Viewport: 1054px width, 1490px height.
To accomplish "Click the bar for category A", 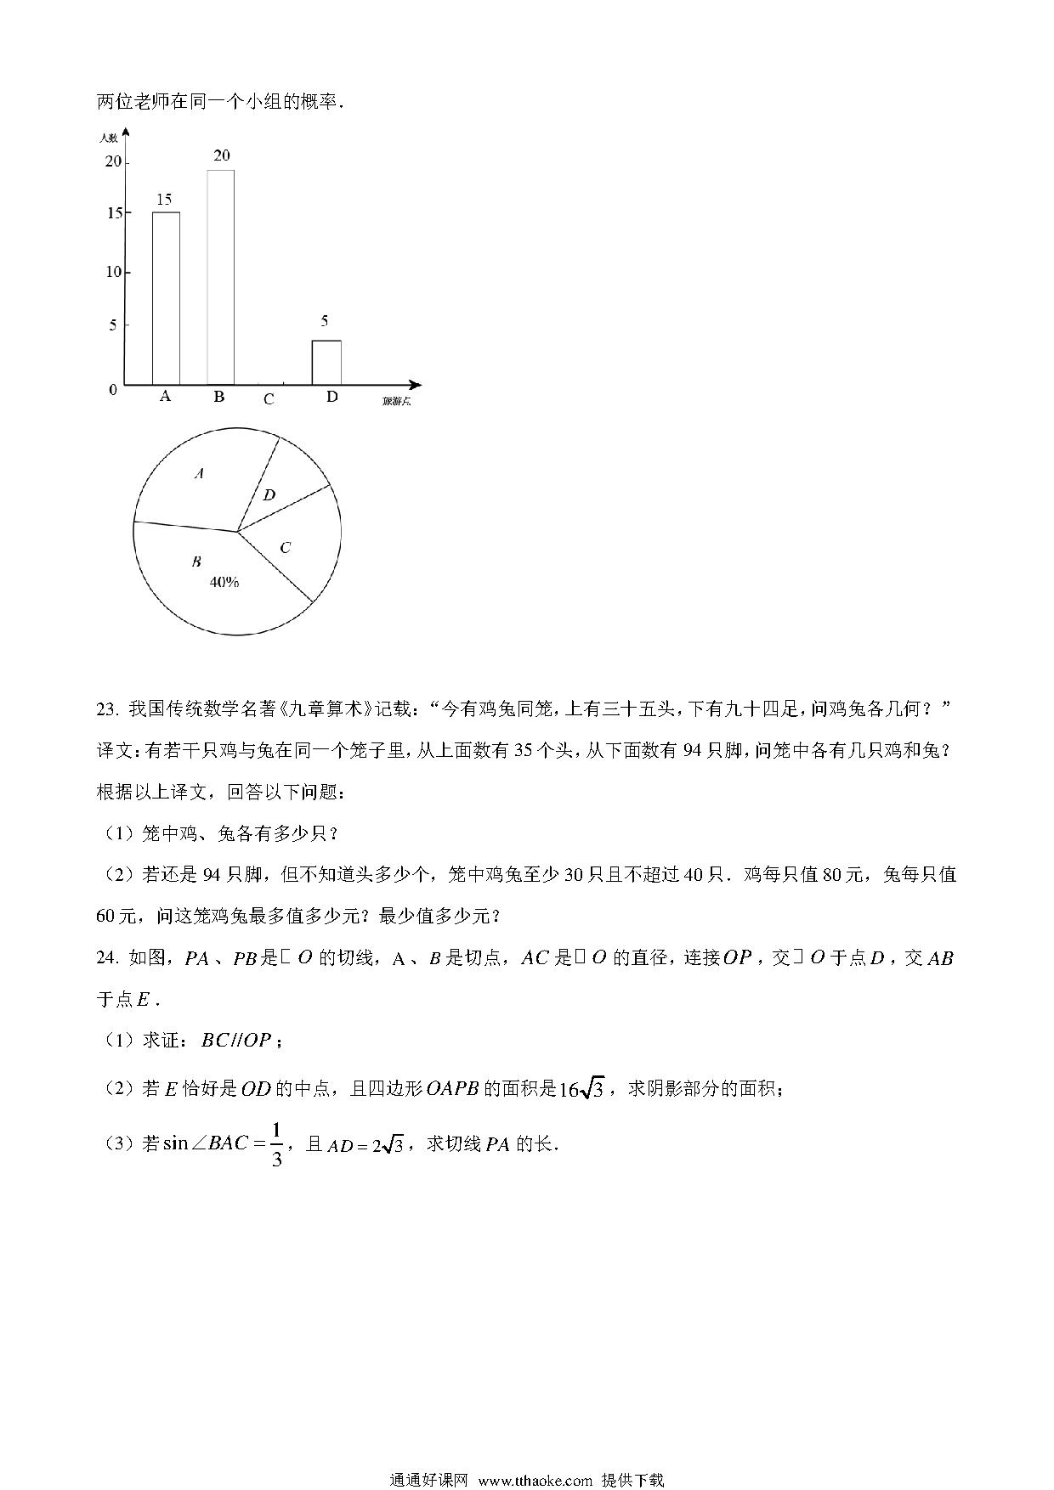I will click(166, 297).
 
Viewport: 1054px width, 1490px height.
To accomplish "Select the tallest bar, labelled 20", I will click(221, 277).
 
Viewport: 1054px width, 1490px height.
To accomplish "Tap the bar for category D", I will click(326, 362).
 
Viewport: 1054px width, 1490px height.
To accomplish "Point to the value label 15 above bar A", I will click(164, 200).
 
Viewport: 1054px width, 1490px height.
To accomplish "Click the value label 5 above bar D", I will click(325, 321).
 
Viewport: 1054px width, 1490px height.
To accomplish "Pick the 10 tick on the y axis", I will click(112, 272).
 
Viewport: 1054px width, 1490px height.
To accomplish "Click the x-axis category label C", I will click(269, 398).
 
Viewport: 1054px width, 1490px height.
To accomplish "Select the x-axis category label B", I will click(218, 397).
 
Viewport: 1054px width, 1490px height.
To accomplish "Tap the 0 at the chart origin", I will click(113, 390).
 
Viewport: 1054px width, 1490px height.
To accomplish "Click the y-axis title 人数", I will click(108, 137).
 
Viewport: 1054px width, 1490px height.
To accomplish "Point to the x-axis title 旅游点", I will click(396, 402).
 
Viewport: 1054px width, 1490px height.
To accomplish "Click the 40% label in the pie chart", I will click(224, 583).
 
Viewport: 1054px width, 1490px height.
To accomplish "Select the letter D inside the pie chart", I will click(269, 495).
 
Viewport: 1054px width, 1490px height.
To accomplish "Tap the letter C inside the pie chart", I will click(285, 548).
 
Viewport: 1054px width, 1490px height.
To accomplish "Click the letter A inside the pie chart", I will click(199, 473).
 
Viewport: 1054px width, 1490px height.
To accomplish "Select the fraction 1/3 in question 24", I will click(276, 1143).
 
